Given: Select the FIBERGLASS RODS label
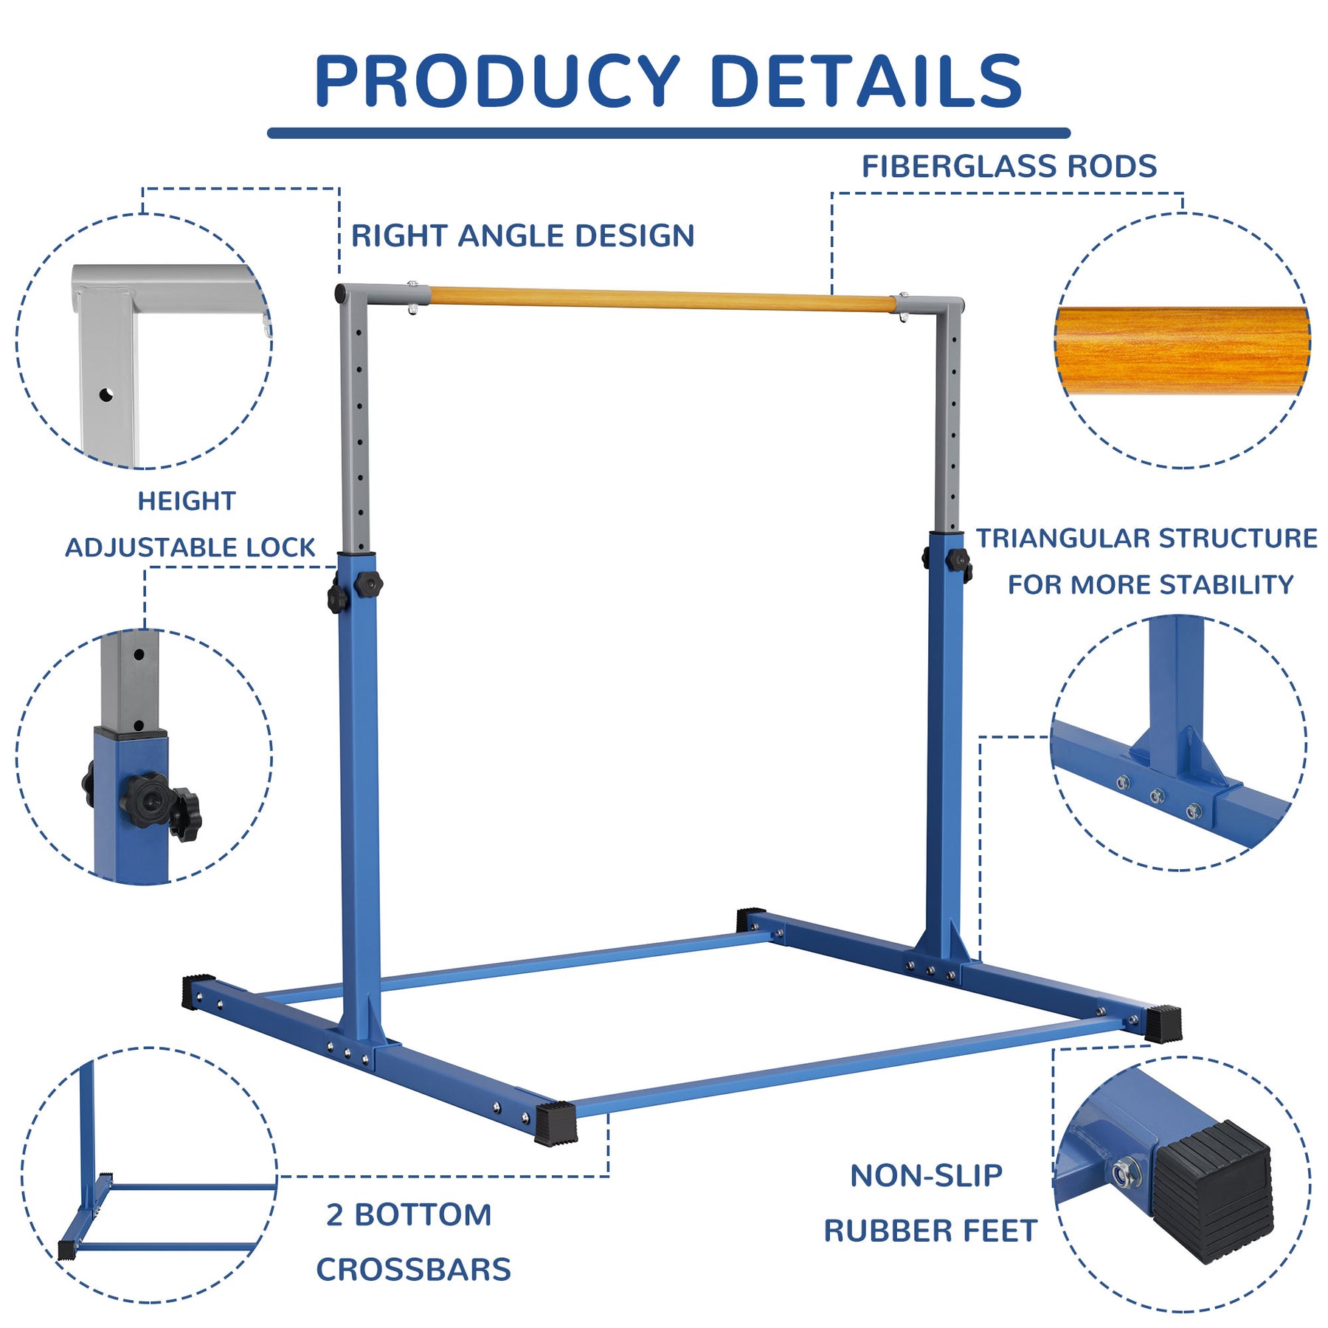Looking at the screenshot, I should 1009,167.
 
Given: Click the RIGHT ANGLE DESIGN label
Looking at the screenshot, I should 522,236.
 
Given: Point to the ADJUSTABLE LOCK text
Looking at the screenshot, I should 190,547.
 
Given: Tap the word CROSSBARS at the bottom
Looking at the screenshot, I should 413,1270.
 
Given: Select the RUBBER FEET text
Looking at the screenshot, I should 930,1231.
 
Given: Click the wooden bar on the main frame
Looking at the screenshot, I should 660,300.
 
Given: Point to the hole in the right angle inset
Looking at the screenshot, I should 106,395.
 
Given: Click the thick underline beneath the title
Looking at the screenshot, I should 668,134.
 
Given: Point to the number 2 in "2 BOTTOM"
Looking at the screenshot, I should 335,1215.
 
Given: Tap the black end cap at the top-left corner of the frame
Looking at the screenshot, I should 341,294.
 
